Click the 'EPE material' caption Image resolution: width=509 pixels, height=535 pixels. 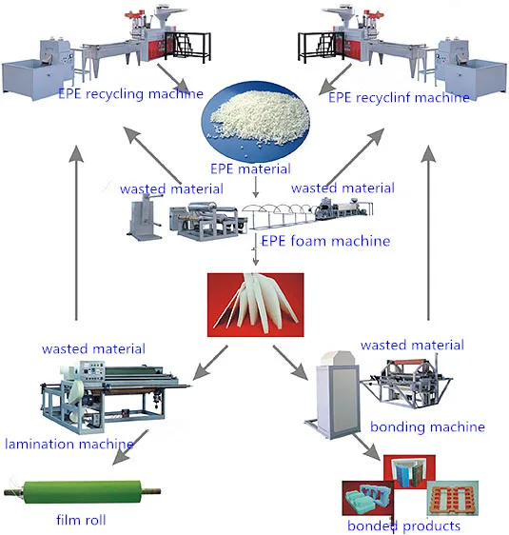(x=254, y=169)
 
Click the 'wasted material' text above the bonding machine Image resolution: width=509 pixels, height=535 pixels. (x=412, y=344)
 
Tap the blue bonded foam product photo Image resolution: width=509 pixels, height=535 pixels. (x=364, y=500)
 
